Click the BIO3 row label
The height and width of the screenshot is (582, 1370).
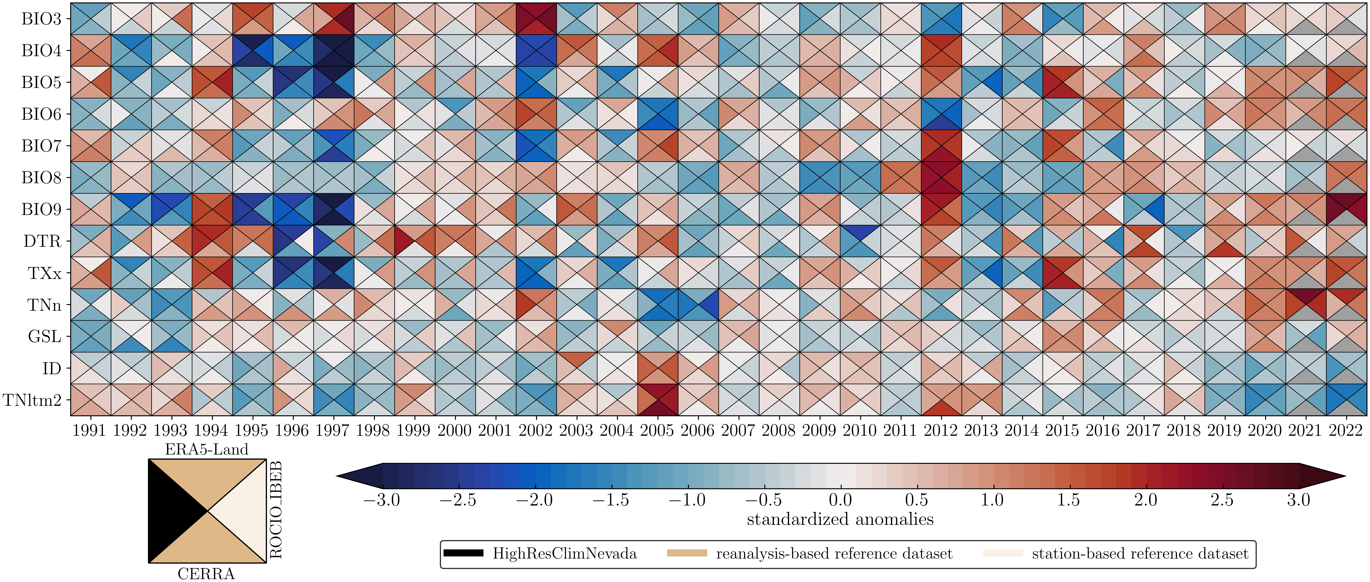pos(42,19)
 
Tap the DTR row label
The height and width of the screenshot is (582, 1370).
pos(43,241)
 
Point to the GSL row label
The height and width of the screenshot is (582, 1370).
pos(45,336)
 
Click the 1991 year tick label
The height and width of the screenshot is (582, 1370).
pos(89,430)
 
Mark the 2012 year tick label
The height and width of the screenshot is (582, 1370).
pos(941,430)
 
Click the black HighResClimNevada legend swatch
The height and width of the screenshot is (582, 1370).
pos(463,553)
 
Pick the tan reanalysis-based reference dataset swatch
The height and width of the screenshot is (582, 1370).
pos(687,553)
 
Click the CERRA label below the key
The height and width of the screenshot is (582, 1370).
pos(206,574)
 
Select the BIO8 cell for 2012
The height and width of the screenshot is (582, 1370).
pos(941,178)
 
